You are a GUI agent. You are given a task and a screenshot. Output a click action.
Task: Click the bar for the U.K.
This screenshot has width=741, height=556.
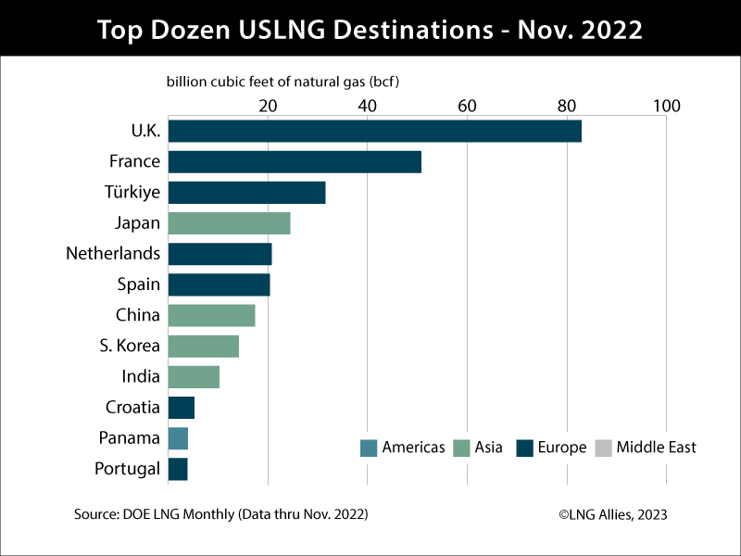[375, 131]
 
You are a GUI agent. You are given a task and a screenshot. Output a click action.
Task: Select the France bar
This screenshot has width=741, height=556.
[295, 161]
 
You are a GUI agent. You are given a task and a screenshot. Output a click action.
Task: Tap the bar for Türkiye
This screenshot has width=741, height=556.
[247, 192]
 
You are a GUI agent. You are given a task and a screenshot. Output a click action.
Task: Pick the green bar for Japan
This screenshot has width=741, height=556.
[230, 222]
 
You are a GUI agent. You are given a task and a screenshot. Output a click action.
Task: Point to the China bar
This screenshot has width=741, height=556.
[212, 315]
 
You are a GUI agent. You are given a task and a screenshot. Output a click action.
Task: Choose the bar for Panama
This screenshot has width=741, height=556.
[179, 438]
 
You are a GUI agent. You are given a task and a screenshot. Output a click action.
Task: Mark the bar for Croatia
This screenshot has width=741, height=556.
[182, 408]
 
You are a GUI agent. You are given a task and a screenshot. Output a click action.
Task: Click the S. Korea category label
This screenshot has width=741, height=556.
[131, 346]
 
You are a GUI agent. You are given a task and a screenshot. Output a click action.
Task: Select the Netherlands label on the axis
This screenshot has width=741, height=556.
[113, 253]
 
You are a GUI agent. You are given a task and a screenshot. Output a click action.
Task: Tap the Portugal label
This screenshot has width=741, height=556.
[128, 469]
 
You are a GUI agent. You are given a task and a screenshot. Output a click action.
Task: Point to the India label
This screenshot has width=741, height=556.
[142, 377]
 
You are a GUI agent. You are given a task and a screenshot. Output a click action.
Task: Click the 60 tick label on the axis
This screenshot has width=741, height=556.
[467, 106]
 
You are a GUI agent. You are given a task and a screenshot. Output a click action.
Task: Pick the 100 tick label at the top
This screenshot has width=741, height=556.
[666, 106]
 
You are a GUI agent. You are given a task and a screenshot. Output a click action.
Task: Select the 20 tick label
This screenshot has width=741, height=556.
[268, 106]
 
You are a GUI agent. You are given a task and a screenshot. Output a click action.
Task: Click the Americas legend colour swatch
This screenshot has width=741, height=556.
[369, 448]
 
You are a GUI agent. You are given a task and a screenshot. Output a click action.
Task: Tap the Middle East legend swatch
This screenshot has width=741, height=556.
[603, 448]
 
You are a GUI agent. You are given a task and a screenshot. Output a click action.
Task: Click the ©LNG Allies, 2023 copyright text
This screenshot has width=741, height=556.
[612, 514]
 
